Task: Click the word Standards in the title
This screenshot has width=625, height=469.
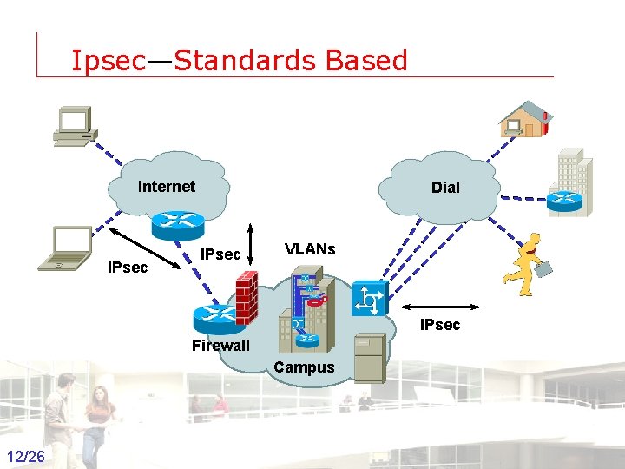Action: pyautogui.click(x=246, y=60)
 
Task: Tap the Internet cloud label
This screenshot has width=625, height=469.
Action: pyautogui.click(x=167, y=186)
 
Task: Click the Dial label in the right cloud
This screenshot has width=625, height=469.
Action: pyautogui.click(x=445, y=187)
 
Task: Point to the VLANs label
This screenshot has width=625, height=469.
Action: pyautogui.click(x=310, y=249)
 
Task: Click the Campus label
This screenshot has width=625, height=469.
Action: pyautogui.click(x=304, y=367)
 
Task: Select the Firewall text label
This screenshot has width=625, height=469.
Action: pyautogui.click(x=220, y=346)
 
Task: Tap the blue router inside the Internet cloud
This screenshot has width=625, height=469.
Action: pyautogui.click(x=176, y=223)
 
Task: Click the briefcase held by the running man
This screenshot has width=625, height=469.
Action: pyautogui.click(x=543, y=269)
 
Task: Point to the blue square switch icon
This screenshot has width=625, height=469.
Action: pyautogui.click(x=369, y=300)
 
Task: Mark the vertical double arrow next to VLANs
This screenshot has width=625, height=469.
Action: pyautogui.click(x=250, y=241)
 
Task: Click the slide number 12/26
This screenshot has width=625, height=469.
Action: pyautogui.click(x=29, y=457)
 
